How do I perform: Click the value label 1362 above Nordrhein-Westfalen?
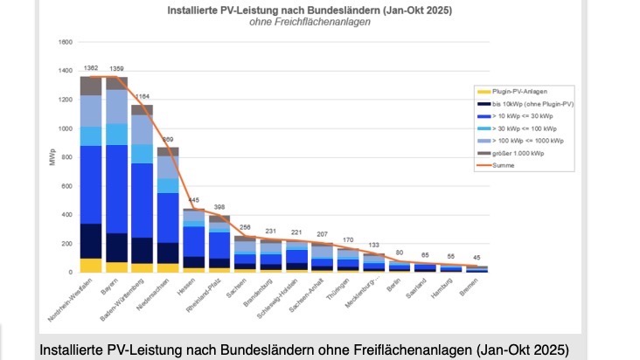pos(91,67)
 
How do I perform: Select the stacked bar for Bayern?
pos(116,175)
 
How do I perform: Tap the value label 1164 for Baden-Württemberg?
pos(143,96)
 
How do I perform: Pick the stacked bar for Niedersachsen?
pos(168,210)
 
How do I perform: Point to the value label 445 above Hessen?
pos(194,200)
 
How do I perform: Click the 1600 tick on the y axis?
pos(66,42)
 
